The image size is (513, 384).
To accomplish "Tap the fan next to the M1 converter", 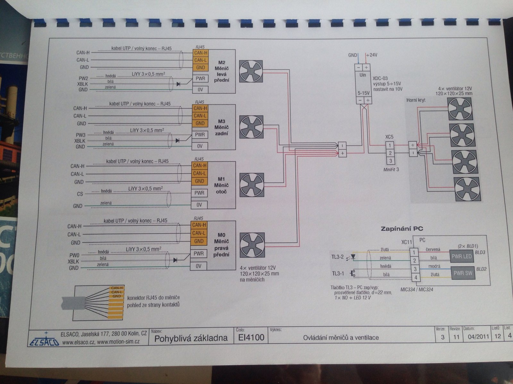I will [252, 185].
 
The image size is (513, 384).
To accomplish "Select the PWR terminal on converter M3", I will [200, 135].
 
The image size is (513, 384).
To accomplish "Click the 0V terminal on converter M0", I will [198, 266].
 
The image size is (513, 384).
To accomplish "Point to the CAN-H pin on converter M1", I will [199, 166].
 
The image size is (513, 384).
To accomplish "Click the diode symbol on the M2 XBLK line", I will [179, 84].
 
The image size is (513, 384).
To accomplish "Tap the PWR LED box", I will [462, 256].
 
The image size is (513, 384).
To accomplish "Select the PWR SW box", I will [463, 273].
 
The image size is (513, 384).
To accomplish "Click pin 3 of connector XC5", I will [390, 161].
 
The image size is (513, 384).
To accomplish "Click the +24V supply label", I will [372, 55].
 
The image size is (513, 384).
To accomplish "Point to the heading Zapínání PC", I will [402, 229].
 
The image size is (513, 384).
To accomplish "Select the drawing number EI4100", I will [251, 338].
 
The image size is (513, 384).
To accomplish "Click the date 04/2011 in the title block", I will [478, 337].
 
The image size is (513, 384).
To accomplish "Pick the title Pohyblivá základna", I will [191, 338].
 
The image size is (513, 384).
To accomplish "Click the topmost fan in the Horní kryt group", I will [460, 108].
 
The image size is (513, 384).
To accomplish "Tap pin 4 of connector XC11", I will [416, 277].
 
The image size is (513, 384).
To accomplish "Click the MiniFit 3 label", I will [391, 169].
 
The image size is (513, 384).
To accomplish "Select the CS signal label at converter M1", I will [80, 194].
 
